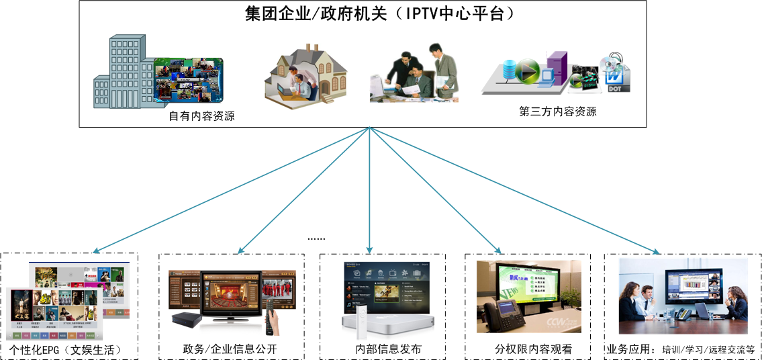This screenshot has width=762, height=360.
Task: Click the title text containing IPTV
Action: (380, 13)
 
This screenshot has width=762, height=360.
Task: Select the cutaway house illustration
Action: (306, 73)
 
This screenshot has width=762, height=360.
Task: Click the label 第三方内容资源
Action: (558, 111)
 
